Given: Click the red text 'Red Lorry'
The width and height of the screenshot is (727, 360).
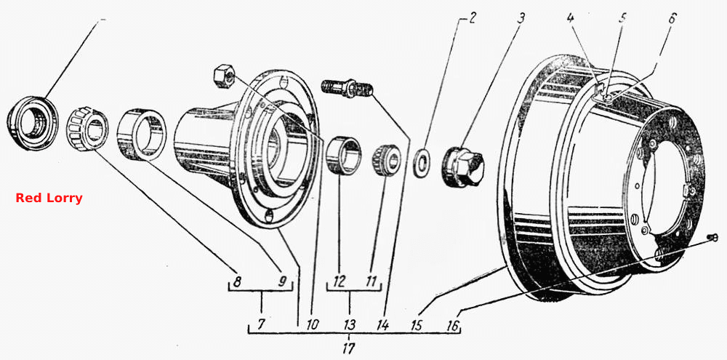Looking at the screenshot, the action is point(49,198).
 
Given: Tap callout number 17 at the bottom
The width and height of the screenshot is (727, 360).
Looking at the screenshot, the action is point(350,347).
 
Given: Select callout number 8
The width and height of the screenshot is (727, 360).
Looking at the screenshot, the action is point(237,281).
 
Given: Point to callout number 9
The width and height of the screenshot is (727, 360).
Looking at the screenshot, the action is point(282,281).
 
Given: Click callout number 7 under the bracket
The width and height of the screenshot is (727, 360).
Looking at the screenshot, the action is point(262,324).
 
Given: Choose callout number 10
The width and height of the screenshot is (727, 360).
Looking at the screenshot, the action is point(312,325).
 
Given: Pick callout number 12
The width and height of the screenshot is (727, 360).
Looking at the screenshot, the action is point(339,281).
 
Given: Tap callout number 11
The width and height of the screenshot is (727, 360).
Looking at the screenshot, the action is point(371,281).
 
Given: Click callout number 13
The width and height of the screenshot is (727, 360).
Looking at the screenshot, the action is point(350,324).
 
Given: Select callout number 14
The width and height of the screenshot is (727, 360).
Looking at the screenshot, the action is point(382,325).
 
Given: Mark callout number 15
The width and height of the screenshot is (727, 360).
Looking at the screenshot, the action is point(417,325).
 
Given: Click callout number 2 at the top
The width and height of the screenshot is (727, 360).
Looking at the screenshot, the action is point(472,20).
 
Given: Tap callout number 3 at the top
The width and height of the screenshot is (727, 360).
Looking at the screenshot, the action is point(521,20).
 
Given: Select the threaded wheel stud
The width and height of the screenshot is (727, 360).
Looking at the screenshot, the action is point(345,88).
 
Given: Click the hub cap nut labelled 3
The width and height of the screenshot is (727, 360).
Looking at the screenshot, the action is point(462,167).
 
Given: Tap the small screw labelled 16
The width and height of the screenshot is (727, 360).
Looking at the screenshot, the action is point(712,238).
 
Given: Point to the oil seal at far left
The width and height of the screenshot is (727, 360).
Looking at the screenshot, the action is point(33,124).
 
